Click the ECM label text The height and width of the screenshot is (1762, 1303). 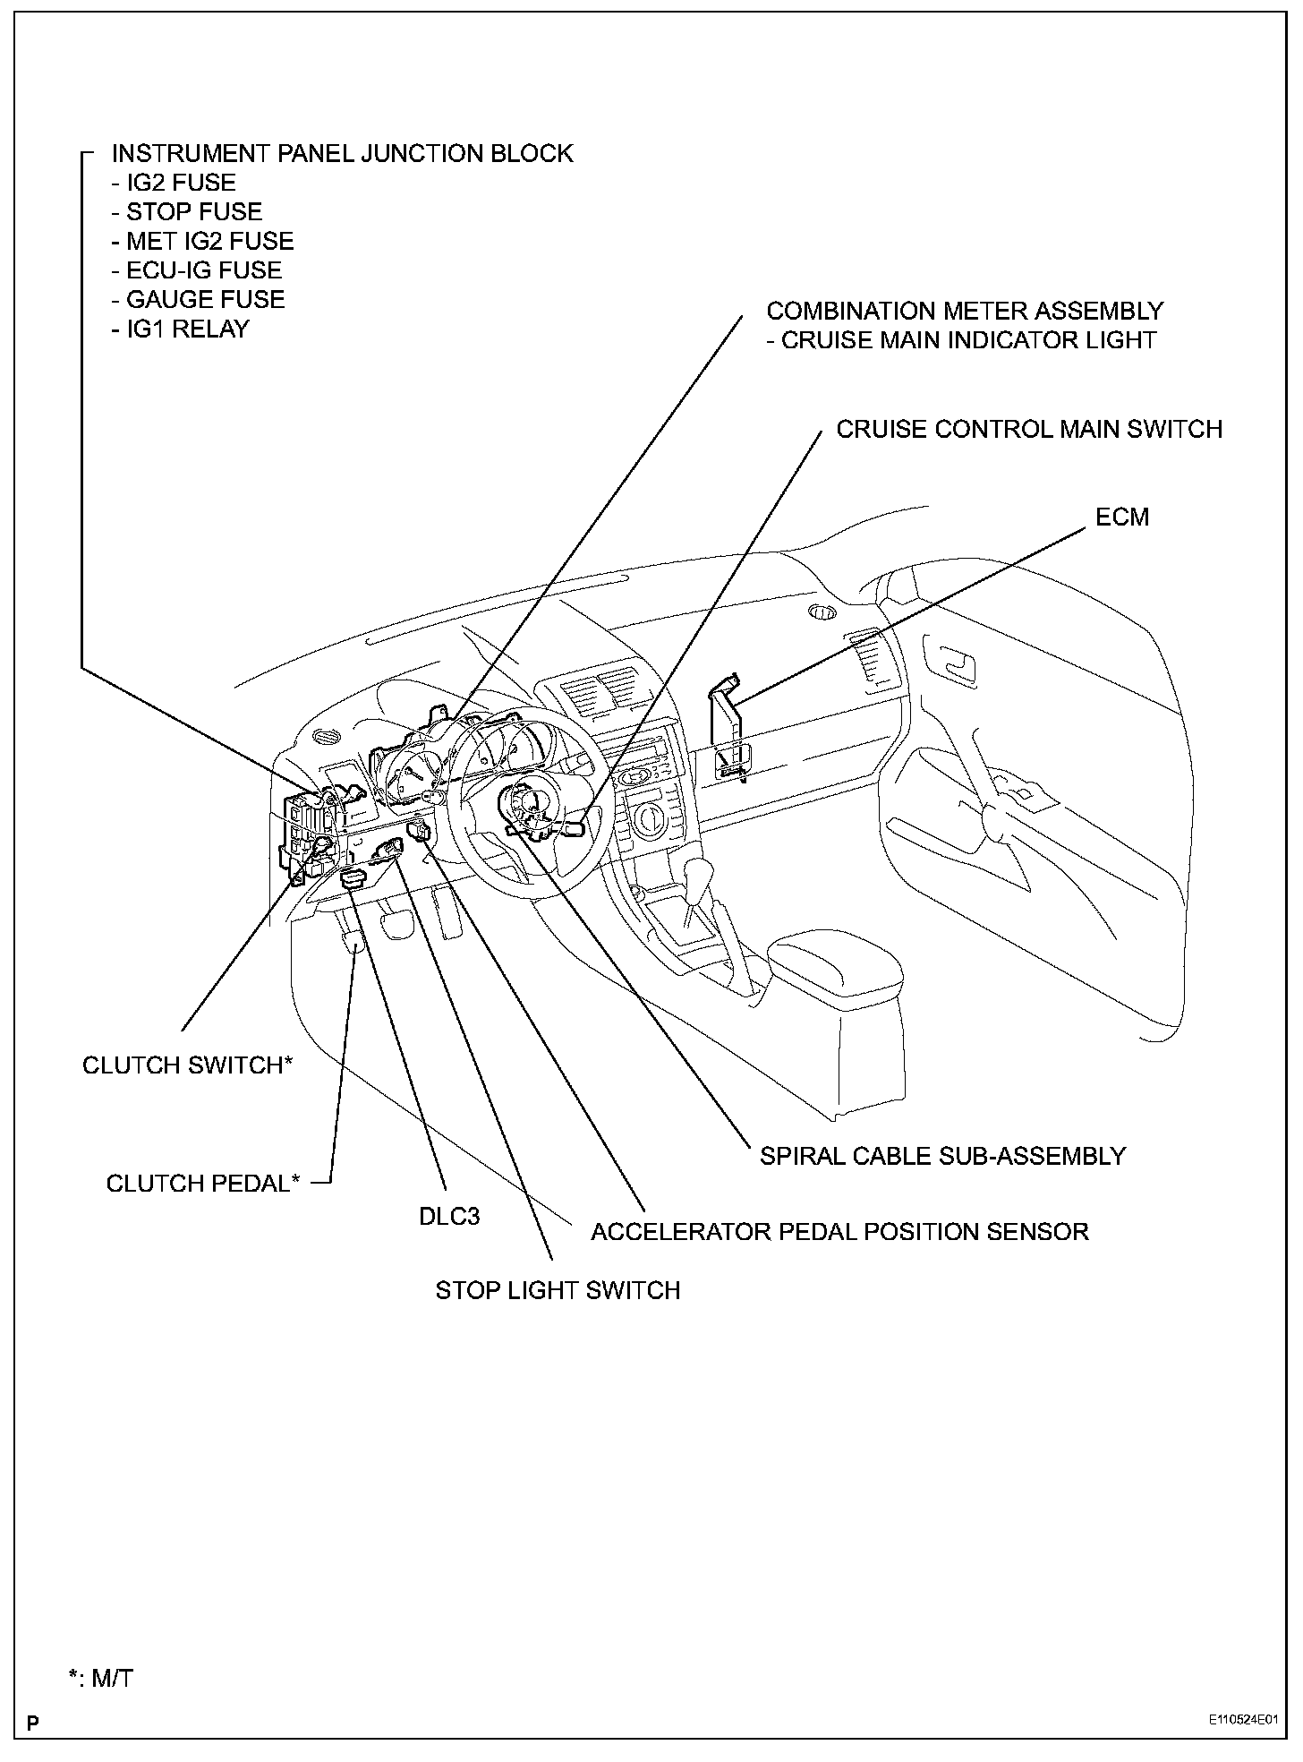[1122, 517]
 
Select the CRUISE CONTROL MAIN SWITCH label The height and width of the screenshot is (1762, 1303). [1029, 430]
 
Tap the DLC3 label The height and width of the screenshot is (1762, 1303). [449, 1216]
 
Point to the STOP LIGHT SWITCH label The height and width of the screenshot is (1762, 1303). [558, 1290]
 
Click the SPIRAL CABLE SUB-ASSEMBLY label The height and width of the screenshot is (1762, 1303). [942, 1156]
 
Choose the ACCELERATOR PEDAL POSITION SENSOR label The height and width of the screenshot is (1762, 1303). [839, 1232]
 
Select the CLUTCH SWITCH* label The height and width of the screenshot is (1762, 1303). [188, 1065]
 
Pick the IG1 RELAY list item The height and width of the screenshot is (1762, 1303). [180, 329]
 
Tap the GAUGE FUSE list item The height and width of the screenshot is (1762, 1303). [198, 300]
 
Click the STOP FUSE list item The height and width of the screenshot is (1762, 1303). [187, 212]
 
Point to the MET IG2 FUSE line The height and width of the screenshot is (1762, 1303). [202, 242]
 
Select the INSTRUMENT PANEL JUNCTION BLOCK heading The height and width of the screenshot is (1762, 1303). [342, 154]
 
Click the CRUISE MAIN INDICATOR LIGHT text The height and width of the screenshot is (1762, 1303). [961, 341]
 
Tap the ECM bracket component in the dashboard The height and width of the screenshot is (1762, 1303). [727, 716]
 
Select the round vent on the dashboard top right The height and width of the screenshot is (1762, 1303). [822, 613]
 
